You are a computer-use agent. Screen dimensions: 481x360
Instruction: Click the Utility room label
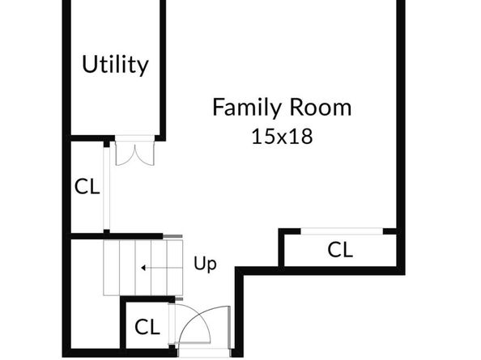click(115, 65)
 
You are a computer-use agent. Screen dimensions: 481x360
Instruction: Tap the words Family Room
click(282, 107)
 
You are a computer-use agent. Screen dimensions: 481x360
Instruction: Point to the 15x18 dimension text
click(283, 137)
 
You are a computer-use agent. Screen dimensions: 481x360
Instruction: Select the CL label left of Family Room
click(87, 187)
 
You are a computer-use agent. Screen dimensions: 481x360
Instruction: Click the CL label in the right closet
click(340, 249)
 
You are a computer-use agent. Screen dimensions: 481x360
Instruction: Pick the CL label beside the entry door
click(147, 327)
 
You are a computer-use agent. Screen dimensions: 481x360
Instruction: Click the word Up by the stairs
click(205, 264)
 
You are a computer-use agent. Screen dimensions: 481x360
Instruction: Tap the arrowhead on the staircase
click(143, 268)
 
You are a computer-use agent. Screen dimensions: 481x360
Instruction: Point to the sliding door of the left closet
click(106, 188)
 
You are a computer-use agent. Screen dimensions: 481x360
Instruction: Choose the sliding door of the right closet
click(342, 231)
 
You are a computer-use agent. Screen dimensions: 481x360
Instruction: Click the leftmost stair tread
click(111, 268)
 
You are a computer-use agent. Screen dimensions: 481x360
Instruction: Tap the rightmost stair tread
click(175, 268)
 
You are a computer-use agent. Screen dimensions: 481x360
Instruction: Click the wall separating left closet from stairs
click(117, 236)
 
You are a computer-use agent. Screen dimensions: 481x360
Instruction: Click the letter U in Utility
click(89, 64)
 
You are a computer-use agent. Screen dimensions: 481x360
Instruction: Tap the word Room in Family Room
click(321, 107)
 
